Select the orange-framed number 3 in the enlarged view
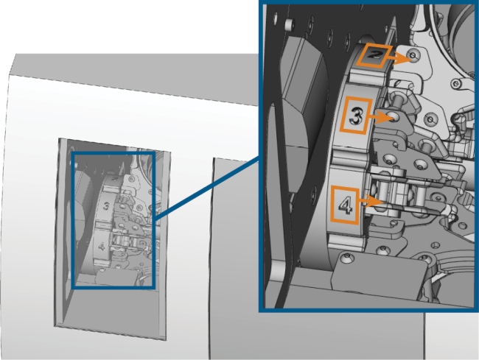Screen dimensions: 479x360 356,116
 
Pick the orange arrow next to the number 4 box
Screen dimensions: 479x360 371,201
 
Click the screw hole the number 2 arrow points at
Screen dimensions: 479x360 413,55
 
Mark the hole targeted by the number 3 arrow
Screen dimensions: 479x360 393,116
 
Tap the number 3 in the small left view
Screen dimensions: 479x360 106,206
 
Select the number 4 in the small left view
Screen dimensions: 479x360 102,246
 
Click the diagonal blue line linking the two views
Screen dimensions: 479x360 207,188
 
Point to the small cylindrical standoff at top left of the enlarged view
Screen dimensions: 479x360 290,24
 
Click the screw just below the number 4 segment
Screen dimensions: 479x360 346,258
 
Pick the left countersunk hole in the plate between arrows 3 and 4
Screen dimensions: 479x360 391,158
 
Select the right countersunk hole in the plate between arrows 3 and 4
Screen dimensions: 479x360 420,165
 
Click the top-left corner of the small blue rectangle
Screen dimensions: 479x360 73,153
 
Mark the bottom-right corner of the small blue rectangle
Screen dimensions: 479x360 153,287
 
